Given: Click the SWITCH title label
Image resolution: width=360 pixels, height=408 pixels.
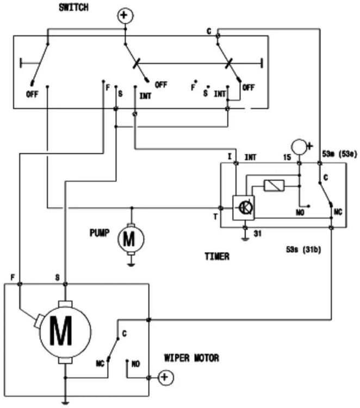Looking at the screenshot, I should point(73,8).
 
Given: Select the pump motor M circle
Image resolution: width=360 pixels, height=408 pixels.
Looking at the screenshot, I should point(130,238).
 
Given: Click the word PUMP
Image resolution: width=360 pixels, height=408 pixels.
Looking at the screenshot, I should point(100,233).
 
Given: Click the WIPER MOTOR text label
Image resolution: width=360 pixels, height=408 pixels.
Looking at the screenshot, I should point(191,359).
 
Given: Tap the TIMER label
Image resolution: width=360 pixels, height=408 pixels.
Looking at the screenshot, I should point(216,256).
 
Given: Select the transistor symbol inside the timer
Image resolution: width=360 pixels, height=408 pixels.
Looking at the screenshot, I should point(245,208).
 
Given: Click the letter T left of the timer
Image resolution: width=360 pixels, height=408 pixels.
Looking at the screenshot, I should point(216,217).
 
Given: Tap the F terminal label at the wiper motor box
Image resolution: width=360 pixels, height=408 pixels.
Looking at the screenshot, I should point(12,277).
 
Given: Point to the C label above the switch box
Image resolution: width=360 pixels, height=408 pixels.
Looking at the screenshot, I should point(209,31).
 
